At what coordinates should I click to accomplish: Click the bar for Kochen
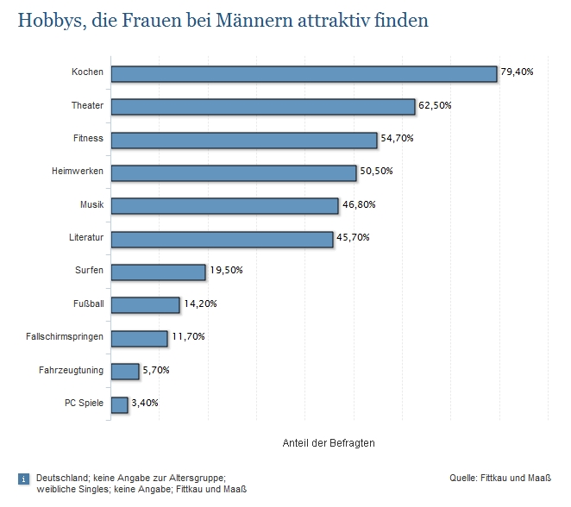pyautogui.click(x=304, y=73)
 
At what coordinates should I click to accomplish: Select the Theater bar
pyautogui.click(x=263, y=106)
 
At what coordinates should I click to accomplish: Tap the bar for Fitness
pyautogui.click(x=244, y=140)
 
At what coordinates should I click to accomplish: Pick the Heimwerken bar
pyautogui.click(x=234, y=172)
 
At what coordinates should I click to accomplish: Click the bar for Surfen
pyautogui.click(x=159, y=272)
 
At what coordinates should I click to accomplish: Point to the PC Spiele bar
pyautogui.click(x=120, y=404)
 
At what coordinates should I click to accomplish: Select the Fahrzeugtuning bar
pyautogui.click(x=125, y=371)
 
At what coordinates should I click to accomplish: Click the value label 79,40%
pyautogui.click(x=517, y=72)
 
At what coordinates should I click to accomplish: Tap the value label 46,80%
pyautogui.click(x=358, y=204)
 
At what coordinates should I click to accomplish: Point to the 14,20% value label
pyautogui.click(x=199, y=304)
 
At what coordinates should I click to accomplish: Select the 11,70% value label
pyautogui.click(x=187, y=336)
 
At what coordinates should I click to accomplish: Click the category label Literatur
pyautogui.click(x=85, y=237)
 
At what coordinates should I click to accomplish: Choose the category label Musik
pyautogui.click(x=91, y=204)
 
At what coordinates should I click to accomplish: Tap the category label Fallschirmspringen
pyautogui.click(x=65, y=336)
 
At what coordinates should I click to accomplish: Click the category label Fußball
pyautogui.click(x=89, y=304)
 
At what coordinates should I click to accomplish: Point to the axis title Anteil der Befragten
pyautogui.click(x=329, y=443)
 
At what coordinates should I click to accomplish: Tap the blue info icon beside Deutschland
pyautogui.click(x=24, y=479)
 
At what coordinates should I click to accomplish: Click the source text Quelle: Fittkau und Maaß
pyautogui.click(x=499, y=477)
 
